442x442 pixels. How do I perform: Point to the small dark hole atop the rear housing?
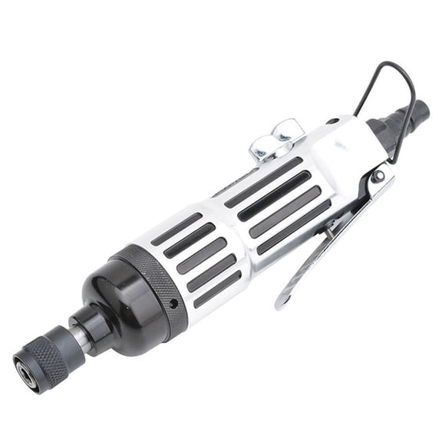pos(331,121)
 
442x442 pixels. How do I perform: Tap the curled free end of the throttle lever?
pos(282,301)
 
